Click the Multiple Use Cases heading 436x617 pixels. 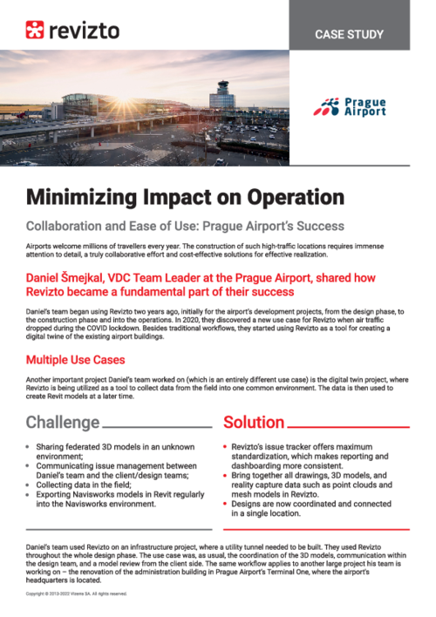[75, 359]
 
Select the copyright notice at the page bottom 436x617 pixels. [76, 593]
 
